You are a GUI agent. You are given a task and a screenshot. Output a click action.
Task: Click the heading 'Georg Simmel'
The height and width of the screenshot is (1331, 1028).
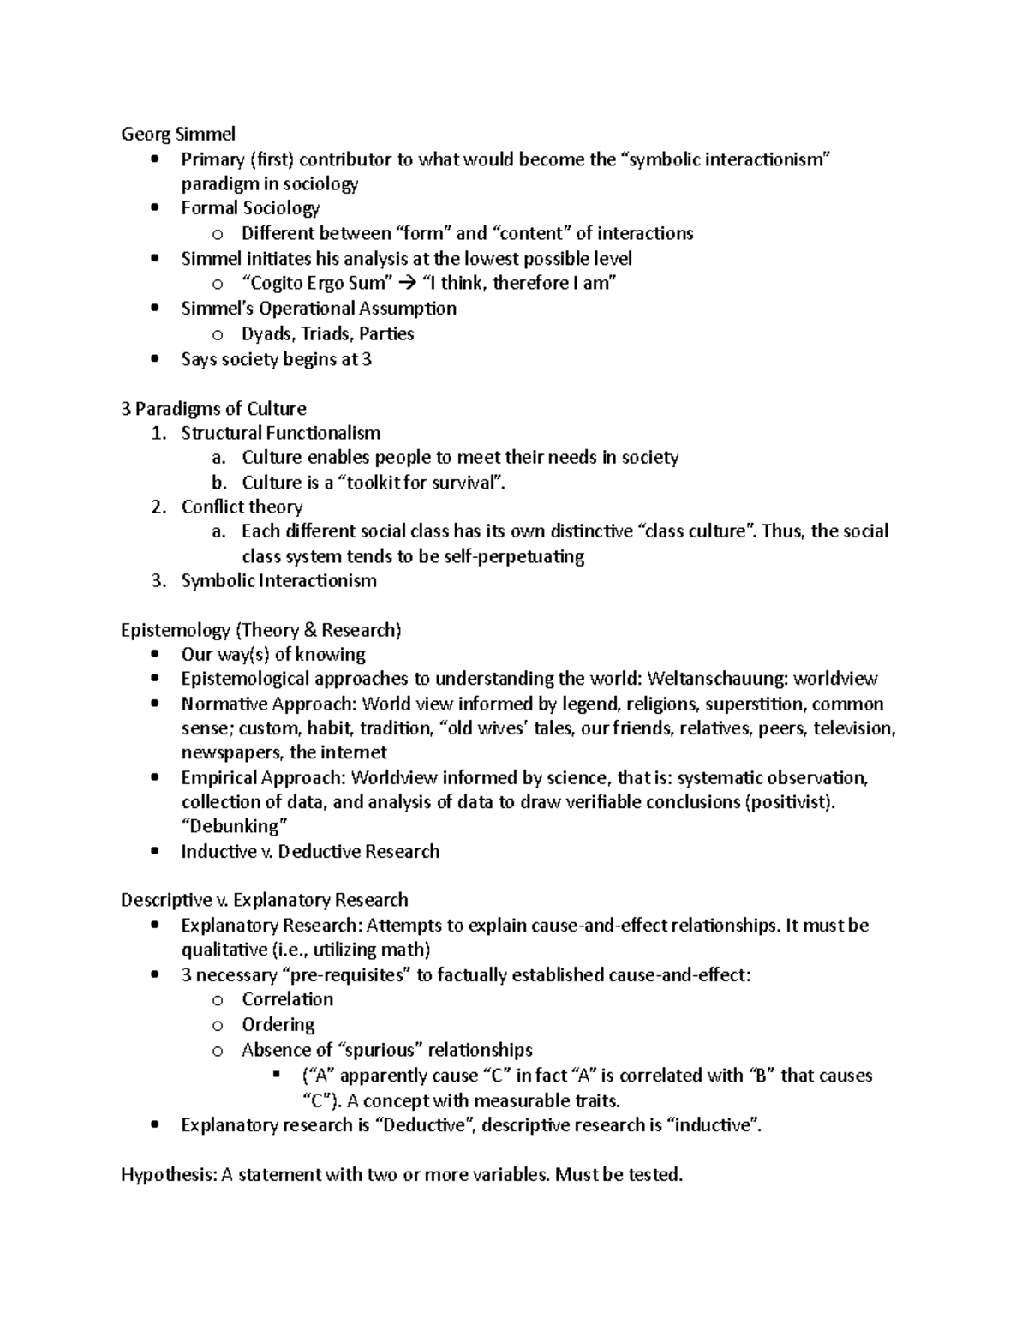pyautogui.click(x=178, y=134)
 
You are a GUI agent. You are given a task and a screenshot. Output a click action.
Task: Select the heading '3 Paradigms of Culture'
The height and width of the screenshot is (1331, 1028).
pyautogui.click(x=213, y=408)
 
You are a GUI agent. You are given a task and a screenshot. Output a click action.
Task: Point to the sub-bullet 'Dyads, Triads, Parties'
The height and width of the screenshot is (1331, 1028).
pyautogui.click(x=327, y=333)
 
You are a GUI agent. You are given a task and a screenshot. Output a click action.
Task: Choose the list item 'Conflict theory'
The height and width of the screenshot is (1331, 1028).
pyautogui.click(x=242, y=507)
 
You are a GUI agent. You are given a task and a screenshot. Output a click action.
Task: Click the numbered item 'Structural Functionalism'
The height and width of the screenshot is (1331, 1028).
pyautogui.click(x=280, y=433)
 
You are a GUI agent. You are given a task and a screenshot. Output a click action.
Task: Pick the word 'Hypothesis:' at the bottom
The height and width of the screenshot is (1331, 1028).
pyautogui.click(x=169, y=1174)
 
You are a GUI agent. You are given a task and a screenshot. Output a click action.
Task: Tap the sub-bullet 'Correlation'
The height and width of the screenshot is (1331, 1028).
pyautogui.click(x=287, y=999)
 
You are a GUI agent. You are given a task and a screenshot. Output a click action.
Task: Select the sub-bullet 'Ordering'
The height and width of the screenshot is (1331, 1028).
pyautogui.click(x=278, y=1024)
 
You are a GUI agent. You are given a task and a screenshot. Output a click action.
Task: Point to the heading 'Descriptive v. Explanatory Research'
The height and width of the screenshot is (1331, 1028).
pyautogui.click(x=264, y=900)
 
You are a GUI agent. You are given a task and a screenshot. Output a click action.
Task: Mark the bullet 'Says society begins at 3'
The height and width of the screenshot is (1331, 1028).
pyautogui.click(x=276, y=359)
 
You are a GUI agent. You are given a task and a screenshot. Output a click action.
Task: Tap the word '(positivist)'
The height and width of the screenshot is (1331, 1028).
pyautogui.click(x=789, y=802)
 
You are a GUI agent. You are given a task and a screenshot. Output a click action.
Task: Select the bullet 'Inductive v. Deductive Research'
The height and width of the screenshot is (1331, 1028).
pyautogui.click(x=310, y=851)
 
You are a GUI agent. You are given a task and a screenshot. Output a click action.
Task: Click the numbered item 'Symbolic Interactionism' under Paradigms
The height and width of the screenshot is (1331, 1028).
pyautogui.click(x=278, y=580)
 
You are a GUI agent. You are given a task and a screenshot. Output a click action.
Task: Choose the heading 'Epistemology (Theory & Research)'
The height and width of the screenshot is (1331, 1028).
pyautogui.click(x=260, y=630)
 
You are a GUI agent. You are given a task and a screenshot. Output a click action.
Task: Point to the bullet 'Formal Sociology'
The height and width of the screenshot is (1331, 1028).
pyautogui.click(x=250, y=208)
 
